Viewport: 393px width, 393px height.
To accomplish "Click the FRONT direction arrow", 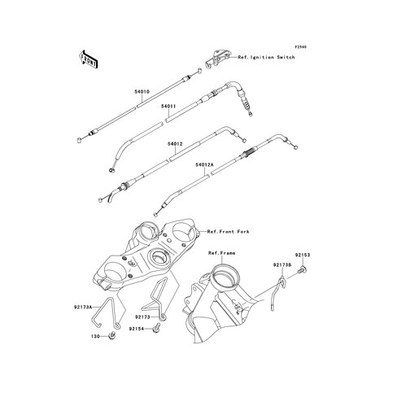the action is (88, 59).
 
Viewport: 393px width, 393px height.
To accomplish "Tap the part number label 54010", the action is (142, 92).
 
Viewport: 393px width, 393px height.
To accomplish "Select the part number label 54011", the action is (168, 107).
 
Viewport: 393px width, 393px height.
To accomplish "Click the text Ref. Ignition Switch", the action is (266, 57).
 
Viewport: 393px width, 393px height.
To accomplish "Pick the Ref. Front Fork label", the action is (228, 232).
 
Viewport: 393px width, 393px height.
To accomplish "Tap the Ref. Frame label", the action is (221, 253).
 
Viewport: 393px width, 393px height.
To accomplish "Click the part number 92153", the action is (303, 255).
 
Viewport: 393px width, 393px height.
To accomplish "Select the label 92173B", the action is (282, 264).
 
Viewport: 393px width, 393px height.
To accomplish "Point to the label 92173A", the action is (83, 307).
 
